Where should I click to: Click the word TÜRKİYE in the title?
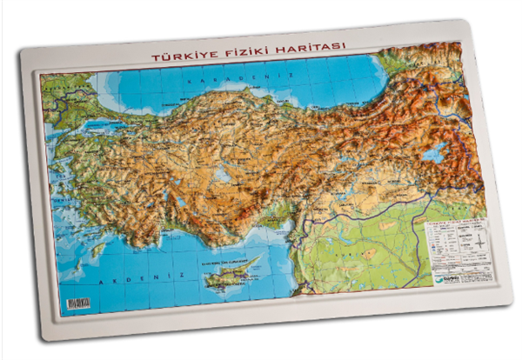(x=179, y=57)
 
